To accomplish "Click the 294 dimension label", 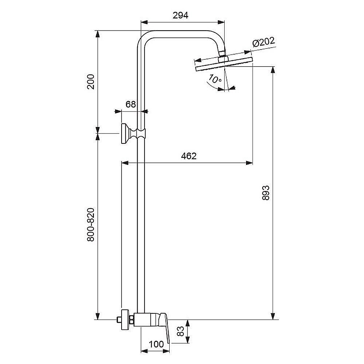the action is point(181,15).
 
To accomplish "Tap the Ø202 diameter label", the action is point(264,42).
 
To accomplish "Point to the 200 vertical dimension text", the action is point(91,82).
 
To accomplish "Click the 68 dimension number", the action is point(130,104).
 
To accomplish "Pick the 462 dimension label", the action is point(189,156).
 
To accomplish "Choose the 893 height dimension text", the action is point(266,193).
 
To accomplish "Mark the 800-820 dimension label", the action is point(91,225).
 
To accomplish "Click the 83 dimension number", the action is point(181,331).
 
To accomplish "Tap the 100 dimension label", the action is point(156,344).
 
